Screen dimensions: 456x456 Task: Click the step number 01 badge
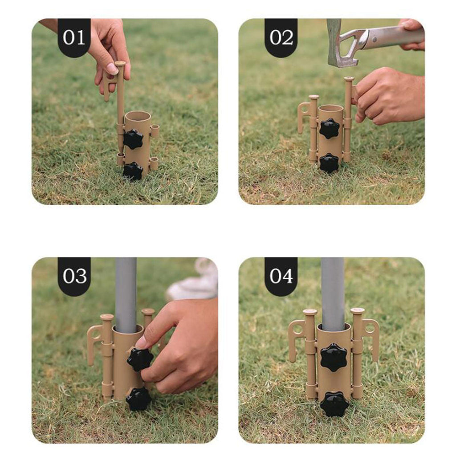coord(74,37)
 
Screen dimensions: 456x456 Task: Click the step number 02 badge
coord(281,37)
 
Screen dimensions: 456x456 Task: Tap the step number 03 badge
coord(74,276)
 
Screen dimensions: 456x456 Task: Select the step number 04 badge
coord(281,276)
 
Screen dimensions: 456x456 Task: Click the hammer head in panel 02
coord(340,44)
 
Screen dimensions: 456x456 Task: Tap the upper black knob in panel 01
coord(133,139)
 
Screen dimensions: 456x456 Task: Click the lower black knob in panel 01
coord(133,171)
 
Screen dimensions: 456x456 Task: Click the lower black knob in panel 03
coord(138,399)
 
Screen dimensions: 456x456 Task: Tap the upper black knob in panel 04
coord(333,358)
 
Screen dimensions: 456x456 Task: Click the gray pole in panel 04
coord(333,294)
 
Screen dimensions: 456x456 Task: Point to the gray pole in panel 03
coord(126,294)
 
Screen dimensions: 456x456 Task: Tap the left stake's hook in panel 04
coord(297,338)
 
